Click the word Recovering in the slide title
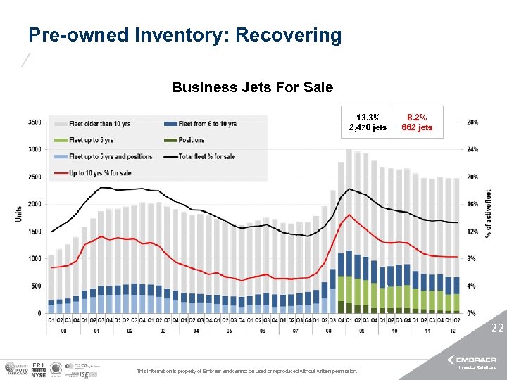[x=288, y=35]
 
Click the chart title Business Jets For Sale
[x=253, y=88]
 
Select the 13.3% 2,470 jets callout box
[x=368, y=122]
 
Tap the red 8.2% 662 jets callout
[x=417, y=122]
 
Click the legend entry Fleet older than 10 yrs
[x=99, y=124]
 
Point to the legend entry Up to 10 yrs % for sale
[x=101, y=172]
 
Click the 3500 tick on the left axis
[x=34, y=122]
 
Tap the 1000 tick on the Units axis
[x=34, y=259]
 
